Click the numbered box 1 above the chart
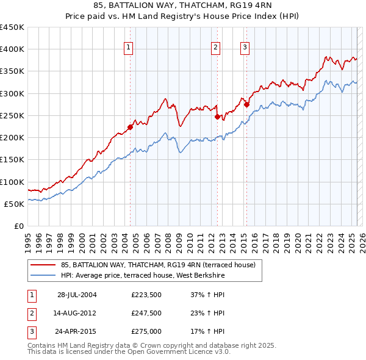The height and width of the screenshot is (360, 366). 129,48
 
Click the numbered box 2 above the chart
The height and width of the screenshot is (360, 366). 216,48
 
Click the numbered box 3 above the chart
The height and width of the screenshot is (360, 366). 245,48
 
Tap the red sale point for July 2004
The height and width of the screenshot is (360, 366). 130,127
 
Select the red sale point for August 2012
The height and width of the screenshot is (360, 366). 217,117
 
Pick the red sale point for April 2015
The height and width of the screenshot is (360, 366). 246,104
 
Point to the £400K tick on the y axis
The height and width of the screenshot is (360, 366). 12,49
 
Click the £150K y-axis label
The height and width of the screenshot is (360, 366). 12,160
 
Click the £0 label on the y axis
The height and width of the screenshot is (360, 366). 20,226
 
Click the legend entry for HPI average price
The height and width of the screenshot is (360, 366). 143,276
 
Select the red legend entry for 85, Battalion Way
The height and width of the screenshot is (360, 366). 162,265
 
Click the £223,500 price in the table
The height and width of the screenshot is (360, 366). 146,295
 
